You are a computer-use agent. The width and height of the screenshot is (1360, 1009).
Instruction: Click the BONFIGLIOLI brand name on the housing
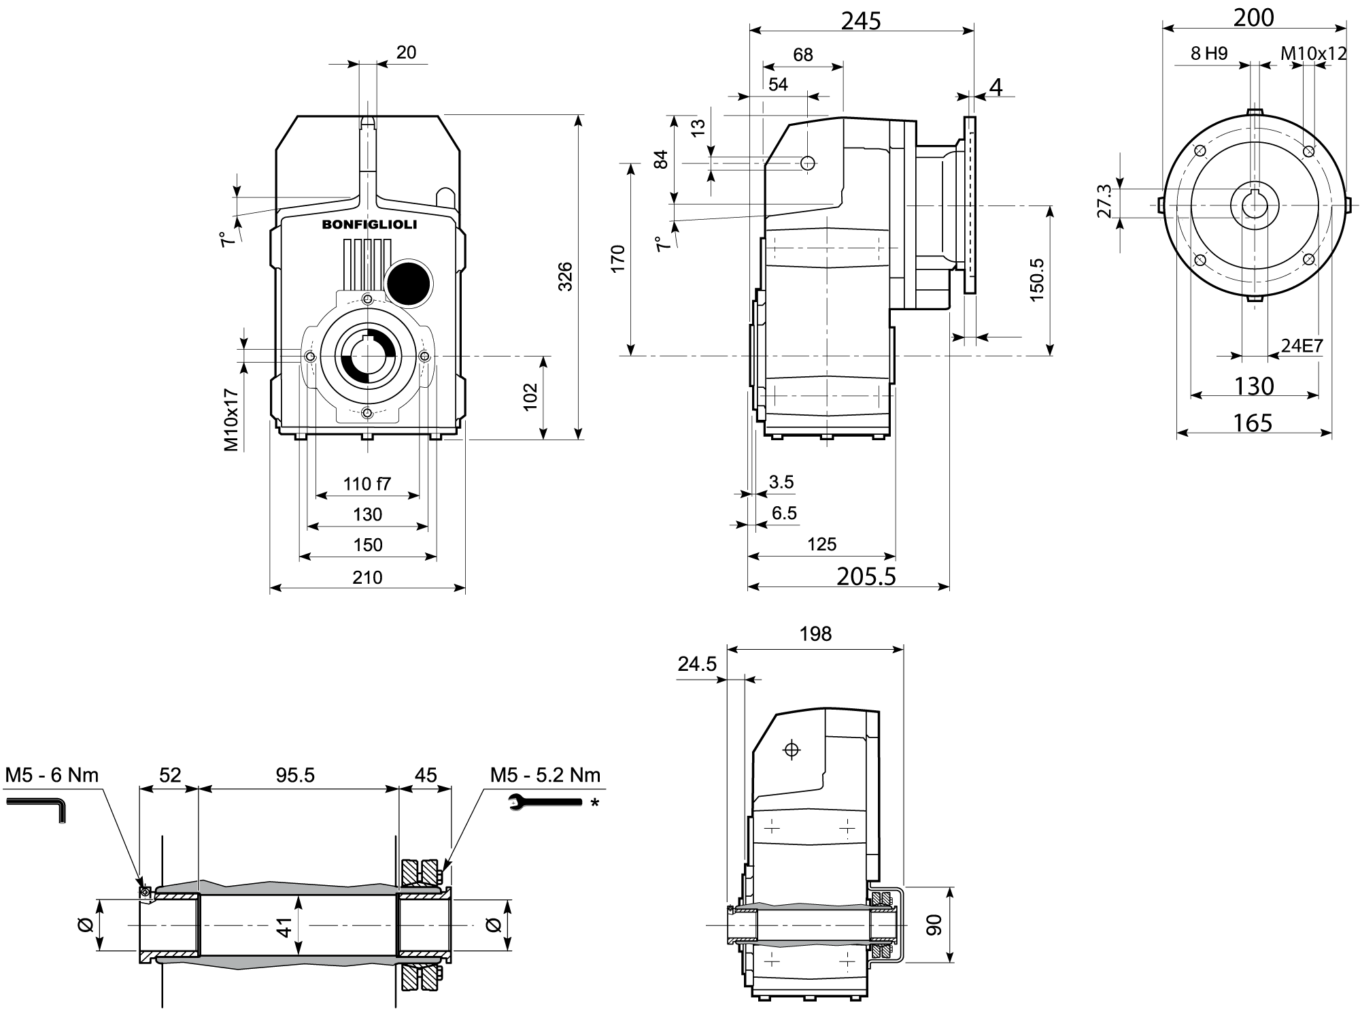click(x=369, y=224)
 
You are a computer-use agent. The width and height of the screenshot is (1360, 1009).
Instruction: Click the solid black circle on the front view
click(x=408, y=281)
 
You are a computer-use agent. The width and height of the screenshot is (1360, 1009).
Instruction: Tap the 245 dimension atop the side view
click(x=861, y=20)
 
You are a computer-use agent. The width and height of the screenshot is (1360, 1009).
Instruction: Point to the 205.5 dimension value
click(x=866, y=576)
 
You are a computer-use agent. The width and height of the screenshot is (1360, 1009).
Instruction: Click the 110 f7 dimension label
click(x=367, y=484)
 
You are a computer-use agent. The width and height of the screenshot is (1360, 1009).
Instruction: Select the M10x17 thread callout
click(x=231, y=420)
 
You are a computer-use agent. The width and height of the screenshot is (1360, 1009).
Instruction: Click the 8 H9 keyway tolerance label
click(x=1209, y=53)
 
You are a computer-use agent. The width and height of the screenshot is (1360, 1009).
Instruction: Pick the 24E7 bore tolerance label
click(x=1302, y=346)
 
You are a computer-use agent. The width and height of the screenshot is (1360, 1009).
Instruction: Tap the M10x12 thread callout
click(x=1313, y=53)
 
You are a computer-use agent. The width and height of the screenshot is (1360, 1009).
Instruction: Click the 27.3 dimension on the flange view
click(x=1104, y=201)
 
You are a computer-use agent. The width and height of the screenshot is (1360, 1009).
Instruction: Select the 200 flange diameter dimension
click(x=1253, y=18)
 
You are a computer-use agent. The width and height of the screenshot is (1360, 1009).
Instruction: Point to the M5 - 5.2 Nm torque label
click(x=545, y=775)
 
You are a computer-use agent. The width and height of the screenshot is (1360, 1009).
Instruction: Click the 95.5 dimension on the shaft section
click(x=295, y=775)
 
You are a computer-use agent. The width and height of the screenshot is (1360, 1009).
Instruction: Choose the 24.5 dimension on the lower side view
click(x=697, y=663)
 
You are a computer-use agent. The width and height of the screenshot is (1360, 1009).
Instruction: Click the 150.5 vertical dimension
click(x=1036, y=279)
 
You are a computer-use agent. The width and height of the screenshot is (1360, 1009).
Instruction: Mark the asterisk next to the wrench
click(x=595, y=803)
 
